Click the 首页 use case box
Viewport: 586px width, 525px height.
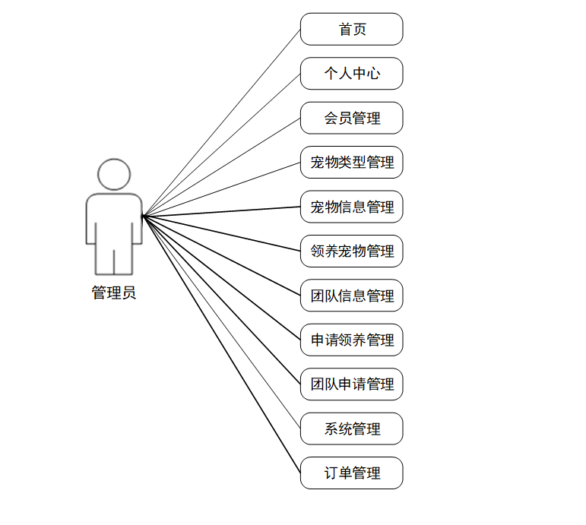(x=351, y=30)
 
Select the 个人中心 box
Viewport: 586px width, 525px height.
(x=351, y=74)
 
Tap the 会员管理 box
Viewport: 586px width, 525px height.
(x=351, y=118)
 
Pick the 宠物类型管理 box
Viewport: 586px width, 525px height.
(x=351, y=163)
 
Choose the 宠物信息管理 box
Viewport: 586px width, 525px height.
(x=351, y=207)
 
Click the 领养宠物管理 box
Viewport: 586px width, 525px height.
(x=351, y=251)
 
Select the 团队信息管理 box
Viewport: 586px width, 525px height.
(x=351, y=296)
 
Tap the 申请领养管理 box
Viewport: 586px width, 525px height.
(x=351, y=340)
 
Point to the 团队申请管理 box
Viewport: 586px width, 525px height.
(x=351, y=384)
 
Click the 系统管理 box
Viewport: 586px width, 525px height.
(x=351, y=429)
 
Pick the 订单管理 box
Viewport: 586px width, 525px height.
(x=351, y=473)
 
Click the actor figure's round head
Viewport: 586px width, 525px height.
(x=114, y=175)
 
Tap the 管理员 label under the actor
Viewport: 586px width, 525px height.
(x=114, y=293)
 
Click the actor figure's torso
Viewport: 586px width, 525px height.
(x=114, y=220)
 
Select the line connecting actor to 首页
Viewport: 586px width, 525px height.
(x=221, y=122)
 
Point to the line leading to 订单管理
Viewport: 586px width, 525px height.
(x=221, y=344)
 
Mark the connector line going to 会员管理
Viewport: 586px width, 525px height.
(x=221, y=167)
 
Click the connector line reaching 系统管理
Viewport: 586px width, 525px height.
(x=221, y=322)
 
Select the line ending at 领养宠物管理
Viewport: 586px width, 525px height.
(x=221, y=233)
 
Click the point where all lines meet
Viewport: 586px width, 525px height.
(x=143, y=216)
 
